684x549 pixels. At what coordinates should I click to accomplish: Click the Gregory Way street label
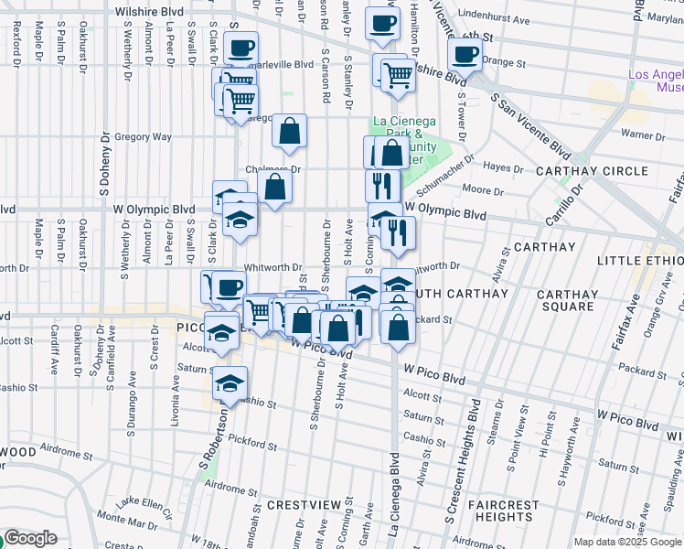[144, 136]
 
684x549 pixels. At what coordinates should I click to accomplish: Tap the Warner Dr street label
[647, 135]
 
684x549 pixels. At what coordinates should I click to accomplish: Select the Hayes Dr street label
[502, 167]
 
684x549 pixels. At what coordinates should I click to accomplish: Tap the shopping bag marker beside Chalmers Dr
[274, 188]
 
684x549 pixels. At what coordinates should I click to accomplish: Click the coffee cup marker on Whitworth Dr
[229, 287]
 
